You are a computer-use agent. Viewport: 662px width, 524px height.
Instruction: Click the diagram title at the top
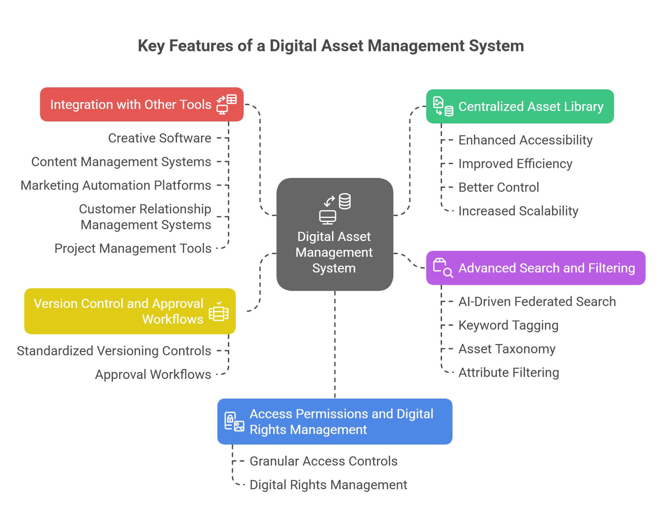(x=331, y=46)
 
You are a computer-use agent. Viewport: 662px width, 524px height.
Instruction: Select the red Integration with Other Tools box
(x=142, y=104)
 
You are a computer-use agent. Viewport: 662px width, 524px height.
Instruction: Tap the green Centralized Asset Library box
(x=520, y=106)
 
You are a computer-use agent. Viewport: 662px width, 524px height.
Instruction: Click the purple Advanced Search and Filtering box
(x=535, y=268)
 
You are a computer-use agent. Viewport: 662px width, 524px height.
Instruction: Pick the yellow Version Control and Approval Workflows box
(x=130, y=311)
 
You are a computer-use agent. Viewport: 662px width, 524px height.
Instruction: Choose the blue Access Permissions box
(x=334, y=421)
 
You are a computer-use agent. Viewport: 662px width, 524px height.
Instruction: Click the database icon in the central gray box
(x=344, y=201)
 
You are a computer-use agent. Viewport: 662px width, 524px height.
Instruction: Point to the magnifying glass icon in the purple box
(x=448, y=273)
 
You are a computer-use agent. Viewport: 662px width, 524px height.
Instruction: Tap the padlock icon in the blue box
(x=230, y=420)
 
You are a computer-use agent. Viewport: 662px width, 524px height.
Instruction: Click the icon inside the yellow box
(x=219, y=312)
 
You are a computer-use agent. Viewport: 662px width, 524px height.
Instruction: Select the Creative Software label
(x=160, y=138)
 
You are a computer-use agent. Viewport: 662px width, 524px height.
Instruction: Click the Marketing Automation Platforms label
(x=116, y=185)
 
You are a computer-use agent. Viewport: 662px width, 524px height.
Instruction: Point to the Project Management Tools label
(x=133, y=249)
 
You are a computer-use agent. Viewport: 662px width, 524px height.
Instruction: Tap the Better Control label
(x=499, y=188)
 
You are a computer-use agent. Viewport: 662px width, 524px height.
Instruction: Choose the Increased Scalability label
(x=518, y=211)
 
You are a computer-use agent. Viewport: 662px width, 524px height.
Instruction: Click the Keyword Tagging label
(x=508, y=325)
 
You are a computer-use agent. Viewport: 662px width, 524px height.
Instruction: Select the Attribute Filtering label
(x=509, y=373)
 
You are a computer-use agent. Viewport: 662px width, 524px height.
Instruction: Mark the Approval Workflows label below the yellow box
(x=153, y=374)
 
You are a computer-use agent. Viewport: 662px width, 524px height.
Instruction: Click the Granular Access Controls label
(x=323, y=461)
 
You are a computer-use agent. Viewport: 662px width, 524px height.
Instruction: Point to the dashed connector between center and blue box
(x=335, y=345)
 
